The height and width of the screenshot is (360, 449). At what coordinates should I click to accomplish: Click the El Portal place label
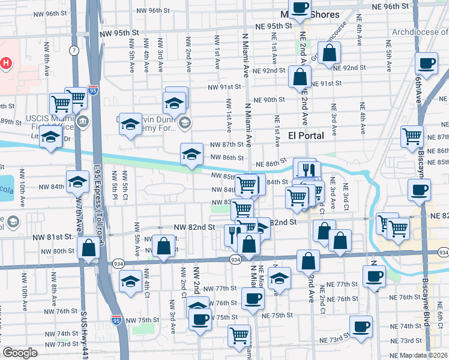pos(306,136)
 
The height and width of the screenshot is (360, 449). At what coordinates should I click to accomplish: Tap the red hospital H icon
pos(6,63)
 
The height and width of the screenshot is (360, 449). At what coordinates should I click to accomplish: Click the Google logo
pos(20,353)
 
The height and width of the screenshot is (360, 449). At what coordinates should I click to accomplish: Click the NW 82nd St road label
pos(194,227)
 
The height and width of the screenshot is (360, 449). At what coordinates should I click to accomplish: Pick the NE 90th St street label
pos(269,100)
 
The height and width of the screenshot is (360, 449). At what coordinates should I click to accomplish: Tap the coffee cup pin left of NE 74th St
pos(361,327)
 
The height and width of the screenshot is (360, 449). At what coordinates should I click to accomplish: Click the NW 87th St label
pos(226,145)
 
